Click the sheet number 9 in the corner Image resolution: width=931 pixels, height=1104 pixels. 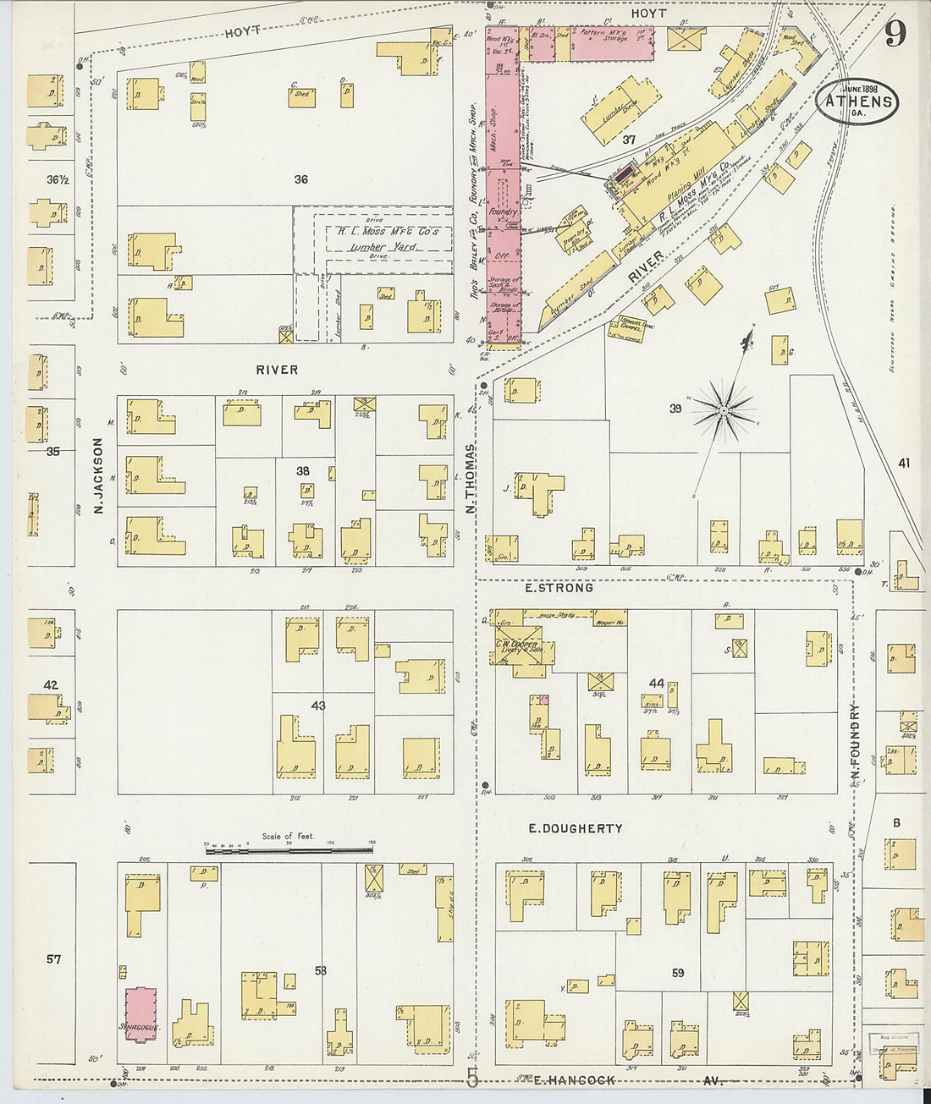tap(895, 34)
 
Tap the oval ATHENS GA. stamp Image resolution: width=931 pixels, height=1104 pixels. tap(857, 102)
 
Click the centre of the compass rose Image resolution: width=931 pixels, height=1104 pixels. tap(724, 410)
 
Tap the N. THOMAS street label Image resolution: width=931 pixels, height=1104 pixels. tap(471, 479)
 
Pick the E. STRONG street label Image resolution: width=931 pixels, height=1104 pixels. tap(559, 587)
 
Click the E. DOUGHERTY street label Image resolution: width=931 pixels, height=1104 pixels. tap(576, 828)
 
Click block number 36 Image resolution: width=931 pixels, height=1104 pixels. tap(300, 179)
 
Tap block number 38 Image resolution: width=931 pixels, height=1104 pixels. tap(302, 471)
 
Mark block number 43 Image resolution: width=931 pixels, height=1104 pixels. tap(318, 705)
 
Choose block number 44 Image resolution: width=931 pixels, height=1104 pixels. tap(656, 683)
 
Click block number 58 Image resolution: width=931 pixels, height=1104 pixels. tap(320, 970)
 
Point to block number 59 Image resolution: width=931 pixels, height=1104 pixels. tap(677, 973)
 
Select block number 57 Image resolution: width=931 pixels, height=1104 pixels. tap(53, 958)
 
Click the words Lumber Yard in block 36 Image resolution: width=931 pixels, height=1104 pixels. tap(383, 247)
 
